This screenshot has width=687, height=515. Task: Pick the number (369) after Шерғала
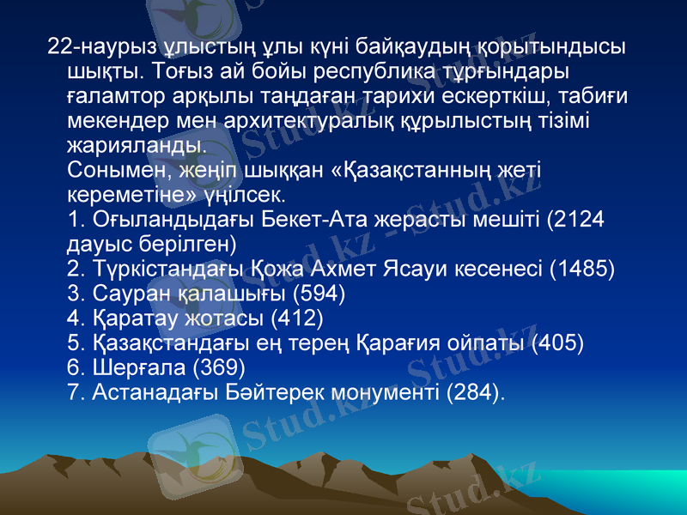click(219, 368)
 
